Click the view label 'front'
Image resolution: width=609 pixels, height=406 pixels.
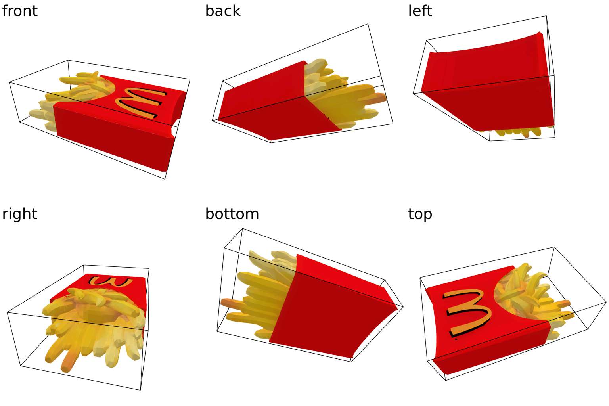coord(19,11)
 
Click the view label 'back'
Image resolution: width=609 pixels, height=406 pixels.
coord(223,11)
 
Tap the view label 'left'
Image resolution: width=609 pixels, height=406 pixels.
coord(420,11)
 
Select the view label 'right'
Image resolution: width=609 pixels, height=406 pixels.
coord(19,214)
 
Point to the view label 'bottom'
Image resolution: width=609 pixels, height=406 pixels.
coord(232,214)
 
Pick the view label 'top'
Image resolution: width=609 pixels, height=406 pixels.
coord(420,214)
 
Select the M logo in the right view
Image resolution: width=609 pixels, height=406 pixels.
coord(111,281)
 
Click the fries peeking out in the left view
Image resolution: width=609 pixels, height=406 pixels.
coord(511,133)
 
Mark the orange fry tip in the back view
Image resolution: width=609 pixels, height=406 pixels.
coord(379,97)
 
